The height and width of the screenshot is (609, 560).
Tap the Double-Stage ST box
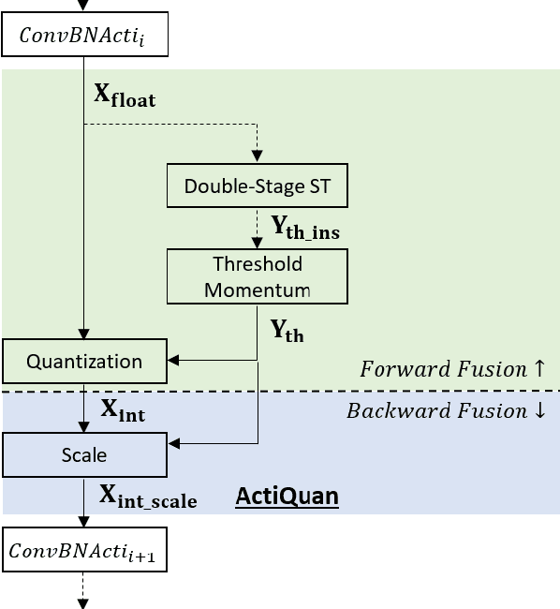(x=257, y=186)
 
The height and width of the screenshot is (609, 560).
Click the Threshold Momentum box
(x=257, y=276)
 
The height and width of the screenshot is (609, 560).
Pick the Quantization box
(x=84, y=362)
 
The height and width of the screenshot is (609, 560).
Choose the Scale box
(x=84, y=455)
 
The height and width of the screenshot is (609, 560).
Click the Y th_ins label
(x=312, y=228)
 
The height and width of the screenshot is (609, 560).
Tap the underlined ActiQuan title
(x=286, y=496)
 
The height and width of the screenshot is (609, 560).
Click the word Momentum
(x=257, y=290)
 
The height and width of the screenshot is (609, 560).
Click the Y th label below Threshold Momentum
(x=287, y=331)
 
